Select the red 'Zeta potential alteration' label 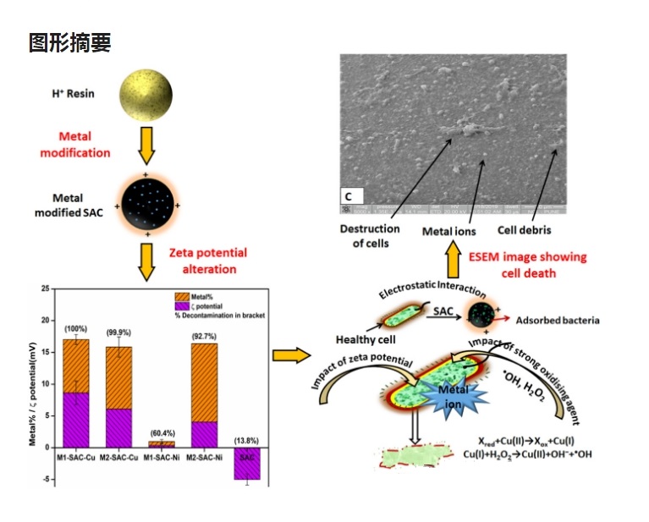pos(208,261)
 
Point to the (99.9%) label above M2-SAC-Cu pos(118,333)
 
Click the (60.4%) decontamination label pos(161,432)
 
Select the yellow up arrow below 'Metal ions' pos(454,261)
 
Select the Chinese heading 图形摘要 pos(69,42)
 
